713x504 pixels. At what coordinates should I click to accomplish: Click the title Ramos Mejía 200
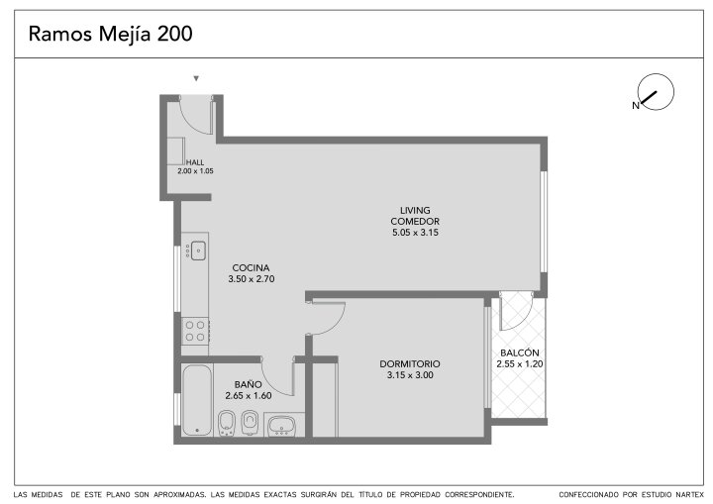point(111,34)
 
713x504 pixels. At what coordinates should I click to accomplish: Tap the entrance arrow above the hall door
point(196,78)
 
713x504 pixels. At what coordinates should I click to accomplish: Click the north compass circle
point(656,91)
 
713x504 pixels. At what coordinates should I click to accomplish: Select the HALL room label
point(195,162)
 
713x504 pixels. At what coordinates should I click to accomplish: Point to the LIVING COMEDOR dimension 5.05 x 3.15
point(415,233)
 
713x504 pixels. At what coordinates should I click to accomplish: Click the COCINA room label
point(251,268)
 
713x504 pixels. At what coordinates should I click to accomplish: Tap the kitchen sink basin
point(198,251)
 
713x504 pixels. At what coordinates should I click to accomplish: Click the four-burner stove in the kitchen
point(195,331)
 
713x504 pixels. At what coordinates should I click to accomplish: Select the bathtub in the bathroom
point(197,400)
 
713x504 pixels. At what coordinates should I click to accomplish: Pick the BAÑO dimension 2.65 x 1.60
point(249,396)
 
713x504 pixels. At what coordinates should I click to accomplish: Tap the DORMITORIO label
point(410,364)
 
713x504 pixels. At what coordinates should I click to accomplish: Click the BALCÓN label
point(520,353)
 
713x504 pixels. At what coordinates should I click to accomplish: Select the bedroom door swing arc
point(336,325)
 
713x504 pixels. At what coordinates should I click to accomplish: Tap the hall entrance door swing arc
point(189,121)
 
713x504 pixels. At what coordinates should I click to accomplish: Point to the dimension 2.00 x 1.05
point(195,171)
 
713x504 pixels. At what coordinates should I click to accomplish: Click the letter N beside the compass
point(636,106)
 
